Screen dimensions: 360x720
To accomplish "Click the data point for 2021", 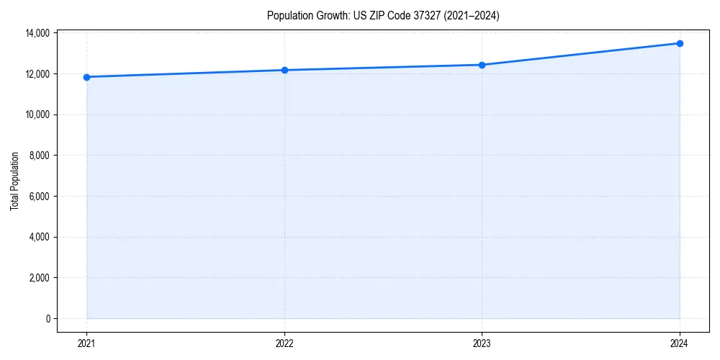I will (x=86, y=77).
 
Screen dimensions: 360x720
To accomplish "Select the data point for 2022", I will (x=284, y=70).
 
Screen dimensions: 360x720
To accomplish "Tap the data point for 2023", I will (x=482, y=65).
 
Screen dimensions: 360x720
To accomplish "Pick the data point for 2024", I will (x=680, y=43).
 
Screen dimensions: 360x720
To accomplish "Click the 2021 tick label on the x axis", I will (x=86, y=343).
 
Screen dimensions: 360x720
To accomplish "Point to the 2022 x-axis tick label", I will (x=284, y=343).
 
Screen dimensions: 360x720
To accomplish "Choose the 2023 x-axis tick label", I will (x=482, y=343).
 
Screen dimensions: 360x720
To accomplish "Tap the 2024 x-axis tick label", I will (x=680, y=343).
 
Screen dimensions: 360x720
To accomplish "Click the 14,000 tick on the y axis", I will (x=37, y=33).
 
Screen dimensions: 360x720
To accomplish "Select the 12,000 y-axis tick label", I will (x=37, y=74).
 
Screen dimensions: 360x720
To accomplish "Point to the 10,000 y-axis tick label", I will (x=37, y=114).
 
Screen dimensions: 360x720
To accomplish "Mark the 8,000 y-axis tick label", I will (x=39, y=156).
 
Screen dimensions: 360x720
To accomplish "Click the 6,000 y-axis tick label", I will (x=39, y=197).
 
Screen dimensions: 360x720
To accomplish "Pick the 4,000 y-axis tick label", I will (x=39, y=237).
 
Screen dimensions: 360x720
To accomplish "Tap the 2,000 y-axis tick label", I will (x=39, y=278).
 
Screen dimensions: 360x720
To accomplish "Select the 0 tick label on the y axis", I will (x=47, y=319).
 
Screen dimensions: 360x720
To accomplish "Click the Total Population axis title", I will (x=14, y=181).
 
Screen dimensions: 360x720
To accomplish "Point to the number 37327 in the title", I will (x=417, y=15).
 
